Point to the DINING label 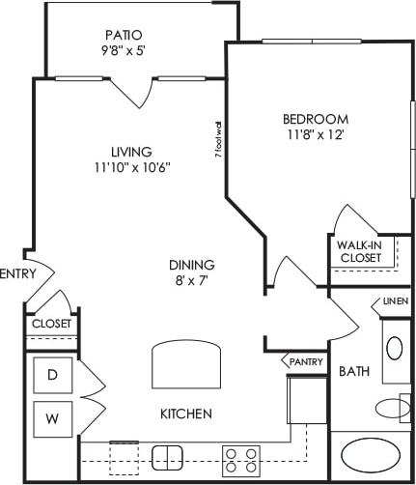click(x=191, y=265)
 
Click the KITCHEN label click(x=185, y=414)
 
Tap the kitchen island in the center click(x=187, y=366)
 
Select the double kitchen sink click(x=168, y=456)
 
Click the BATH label click(x=349, y=370)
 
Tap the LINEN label click(x=395, y=301)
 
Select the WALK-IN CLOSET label click(x=359, y=251)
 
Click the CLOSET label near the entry click(x=51, y=324)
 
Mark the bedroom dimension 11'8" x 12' click(x=314, y=136)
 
